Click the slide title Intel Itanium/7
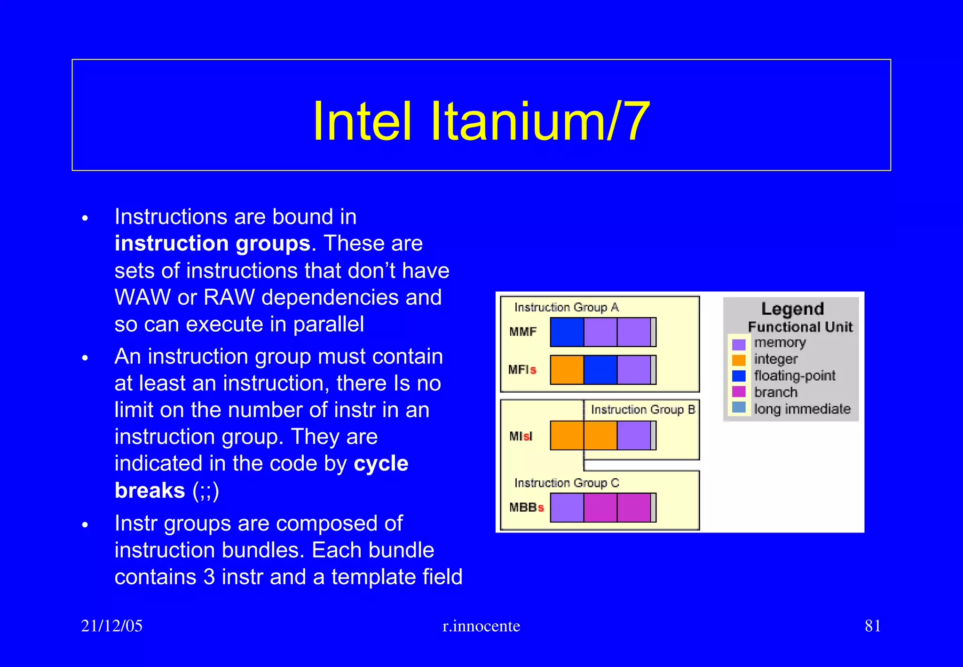click(x=481, y=121)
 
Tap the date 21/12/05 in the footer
click(x=111, y=626)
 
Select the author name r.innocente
click(x=481, y=626)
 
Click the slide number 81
click(x=872, y=626)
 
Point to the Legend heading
click(x=792, y=309)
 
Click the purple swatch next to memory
click(x=739, y=344)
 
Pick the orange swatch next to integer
click(x=739, y=360)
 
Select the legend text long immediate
click(x=802, y=409)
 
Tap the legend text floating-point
click(x=795, y=376)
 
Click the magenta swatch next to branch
click(x=739, y=392)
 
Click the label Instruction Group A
click(x=566, y=308)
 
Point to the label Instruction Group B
click(x=643, y=410)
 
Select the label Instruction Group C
click(x=567, y=483)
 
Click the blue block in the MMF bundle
click(x=567, y=332)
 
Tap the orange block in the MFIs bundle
click(x=567, y=370)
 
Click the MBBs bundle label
click(x=526, y=508)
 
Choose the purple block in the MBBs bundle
click(x=567, y=508)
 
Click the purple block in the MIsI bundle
click(x=633, y=436)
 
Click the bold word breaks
click(x=150, y=491)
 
